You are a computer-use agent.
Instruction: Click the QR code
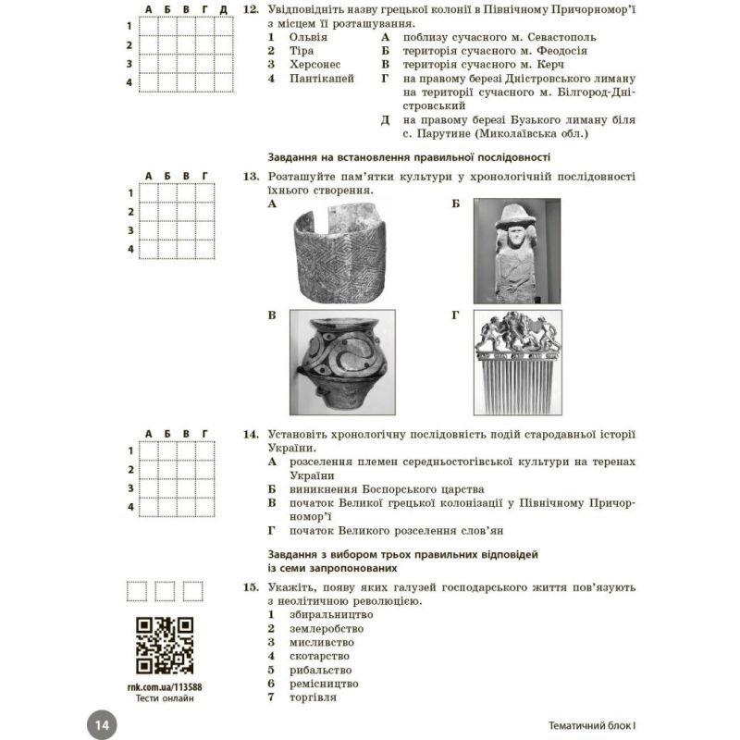click(165, 645)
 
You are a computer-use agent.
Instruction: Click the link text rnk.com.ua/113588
click(163, 686)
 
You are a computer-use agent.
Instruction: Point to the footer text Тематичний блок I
click(588, 724)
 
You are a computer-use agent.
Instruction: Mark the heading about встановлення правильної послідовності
click(408, 156)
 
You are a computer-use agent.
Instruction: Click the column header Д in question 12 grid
click(223, 9)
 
